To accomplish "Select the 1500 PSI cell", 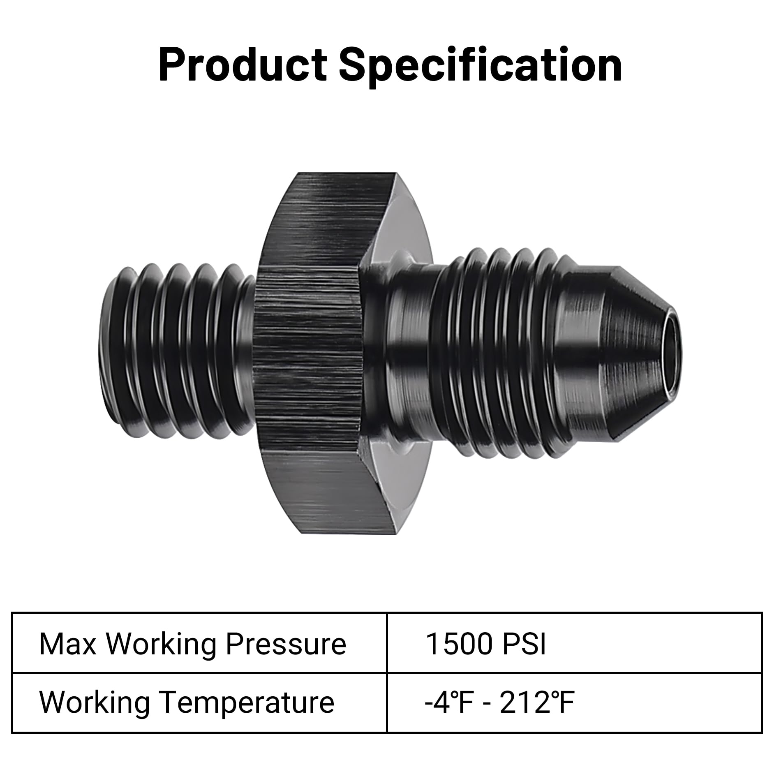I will tap(574, 644).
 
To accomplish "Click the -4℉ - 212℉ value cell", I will tap(574, 702).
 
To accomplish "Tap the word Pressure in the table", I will tap(286, 645).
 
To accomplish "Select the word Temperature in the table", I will tap(247, 703).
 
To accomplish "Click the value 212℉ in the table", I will tap(537, 702).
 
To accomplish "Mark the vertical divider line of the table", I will tap(387, 673).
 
